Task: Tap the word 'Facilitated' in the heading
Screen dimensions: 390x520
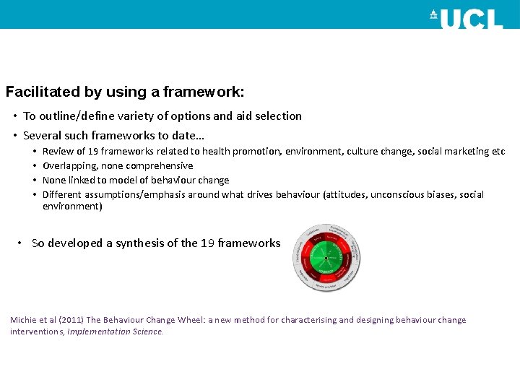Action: [x=43, y=92]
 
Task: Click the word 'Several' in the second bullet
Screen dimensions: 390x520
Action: [x=42, y=135]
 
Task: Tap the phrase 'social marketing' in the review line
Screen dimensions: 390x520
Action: [x=452, y=152]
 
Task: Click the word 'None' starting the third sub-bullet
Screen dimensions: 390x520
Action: [x=54, y=180]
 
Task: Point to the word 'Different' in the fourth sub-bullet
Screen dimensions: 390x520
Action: [x=62, y=194]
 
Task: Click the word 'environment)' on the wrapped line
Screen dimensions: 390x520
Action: [x=72, y=207]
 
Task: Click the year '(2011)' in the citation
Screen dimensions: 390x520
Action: [x=69, y=320]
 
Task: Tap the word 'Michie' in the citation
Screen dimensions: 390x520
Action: [x=23, y=320]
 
